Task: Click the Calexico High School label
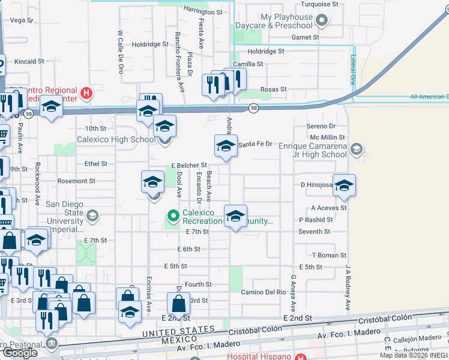click(116, 140)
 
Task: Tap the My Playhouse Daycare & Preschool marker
click(322, 22)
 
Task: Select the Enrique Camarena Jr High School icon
click(357, 148)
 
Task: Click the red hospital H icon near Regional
click(87, 94)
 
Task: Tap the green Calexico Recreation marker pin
click(173, 215)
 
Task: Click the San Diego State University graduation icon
click(92, 215)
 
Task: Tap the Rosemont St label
click(76, 181)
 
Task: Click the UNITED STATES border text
click(178, 331)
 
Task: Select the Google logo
click(19, 353)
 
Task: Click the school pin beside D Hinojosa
click(344, 185)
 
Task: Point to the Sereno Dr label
click(321, 126)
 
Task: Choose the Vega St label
click(22, 20)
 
